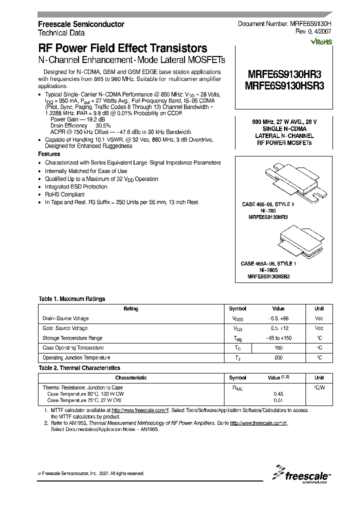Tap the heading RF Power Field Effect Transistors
point(123,48)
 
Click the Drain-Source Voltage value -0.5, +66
point(278,318)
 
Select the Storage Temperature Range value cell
point(278,338)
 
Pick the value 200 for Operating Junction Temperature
point(278,357)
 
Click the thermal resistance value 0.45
point(278,393)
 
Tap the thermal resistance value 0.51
point(278,400)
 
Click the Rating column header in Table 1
point(130,309)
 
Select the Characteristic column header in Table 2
point(130,378)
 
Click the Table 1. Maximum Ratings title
point(72,299)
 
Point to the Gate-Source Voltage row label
point(65,328)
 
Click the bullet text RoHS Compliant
point(65,194)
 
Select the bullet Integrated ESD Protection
point(76,186)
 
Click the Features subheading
point(49,154)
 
